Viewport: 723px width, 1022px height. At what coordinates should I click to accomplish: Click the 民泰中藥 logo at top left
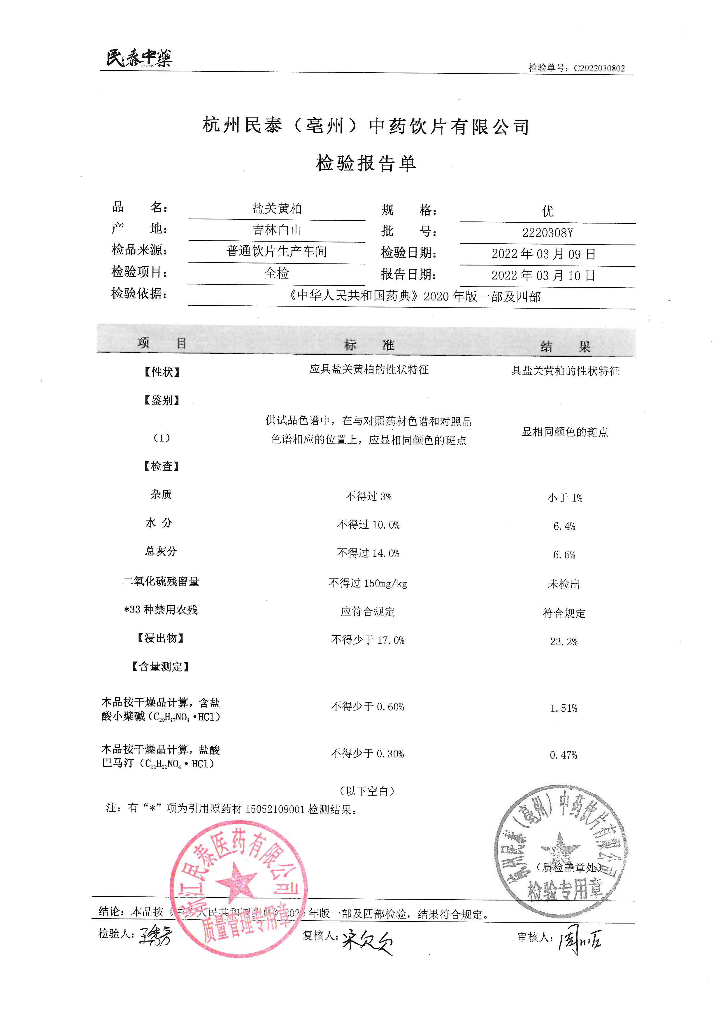point(139,58)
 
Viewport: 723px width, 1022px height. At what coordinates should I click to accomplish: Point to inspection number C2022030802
point(599,68)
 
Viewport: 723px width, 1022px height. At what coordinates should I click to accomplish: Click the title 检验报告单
point(366,163)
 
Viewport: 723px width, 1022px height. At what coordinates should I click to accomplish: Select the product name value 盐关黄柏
point(277,208)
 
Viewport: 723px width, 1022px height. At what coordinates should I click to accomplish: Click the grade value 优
point(547,211)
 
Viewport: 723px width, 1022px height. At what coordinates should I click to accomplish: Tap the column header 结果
point(565,346)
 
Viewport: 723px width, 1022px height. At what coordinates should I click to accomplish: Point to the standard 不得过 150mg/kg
point(368,583)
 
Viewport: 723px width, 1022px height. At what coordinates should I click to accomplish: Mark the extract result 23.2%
point(564,641)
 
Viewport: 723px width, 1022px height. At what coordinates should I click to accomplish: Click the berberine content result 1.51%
point(564,708)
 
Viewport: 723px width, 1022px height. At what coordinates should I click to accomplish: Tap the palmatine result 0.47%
point(563,755)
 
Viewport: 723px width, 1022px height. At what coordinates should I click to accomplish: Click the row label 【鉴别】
point(161,400)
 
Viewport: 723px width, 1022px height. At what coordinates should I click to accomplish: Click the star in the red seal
point(236,881)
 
